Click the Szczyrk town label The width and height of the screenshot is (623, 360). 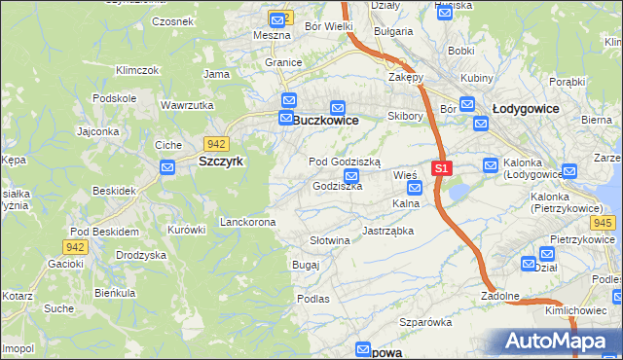tap(221, 162)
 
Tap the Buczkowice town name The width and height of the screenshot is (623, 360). tap(325, 120)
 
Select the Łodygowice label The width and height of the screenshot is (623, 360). tap(526, 109)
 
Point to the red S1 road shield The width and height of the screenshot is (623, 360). tap(441, 168)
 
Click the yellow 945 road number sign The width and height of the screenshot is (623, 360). tap(603, 224)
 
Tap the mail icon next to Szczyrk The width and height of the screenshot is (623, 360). tap(167, 167)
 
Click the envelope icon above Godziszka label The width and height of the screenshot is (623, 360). tap(352, 176)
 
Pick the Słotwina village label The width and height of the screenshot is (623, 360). tap(329, 240)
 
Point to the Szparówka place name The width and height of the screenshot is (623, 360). tap(426, 322)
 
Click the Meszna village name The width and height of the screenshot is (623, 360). tap(272, 35)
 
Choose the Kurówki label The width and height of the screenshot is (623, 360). tap(187, 230)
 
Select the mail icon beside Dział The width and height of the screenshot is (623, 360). tap(529, 264)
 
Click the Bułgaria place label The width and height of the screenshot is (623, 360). tap(392, 31)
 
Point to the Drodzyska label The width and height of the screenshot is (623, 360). tap(140, 254)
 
